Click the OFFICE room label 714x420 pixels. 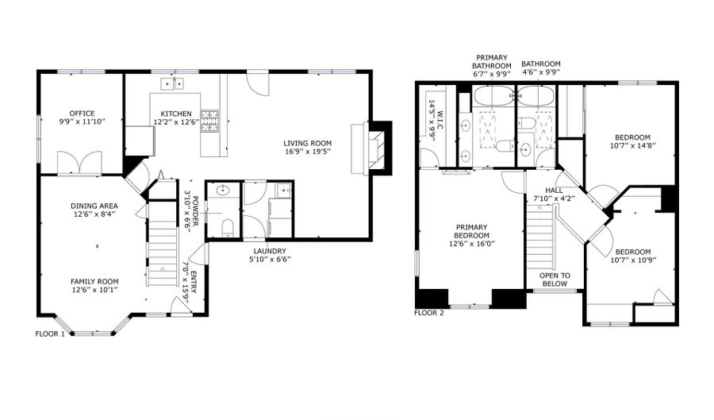pyautogui.click(x=82, y=114)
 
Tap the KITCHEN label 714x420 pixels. pyautogui.click(x=176, y=114)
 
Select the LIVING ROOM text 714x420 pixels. pyautogui.click(x=308, y=144)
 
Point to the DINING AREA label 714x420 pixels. pyautogui.click(x=93, y=205)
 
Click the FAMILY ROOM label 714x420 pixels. pyautogui.click(x=94, y=282)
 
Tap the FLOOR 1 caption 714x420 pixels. pyautogui.click(x=50, y=334)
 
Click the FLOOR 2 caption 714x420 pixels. pyautogui.click(x=429, y=312)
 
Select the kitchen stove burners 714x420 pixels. pyautogui.click(x=209, y=120)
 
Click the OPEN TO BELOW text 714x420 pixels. pyautogui.click(x=559, y=279)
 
